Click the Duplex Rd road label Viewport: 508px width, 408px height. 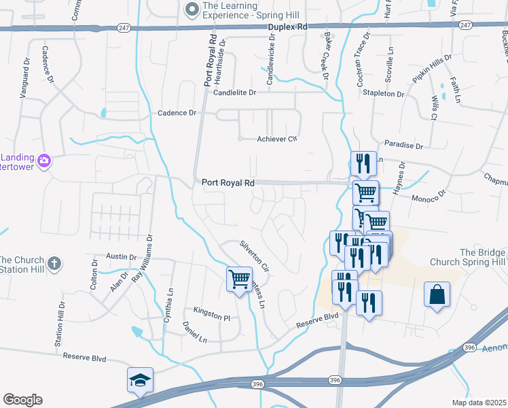pos(287,26)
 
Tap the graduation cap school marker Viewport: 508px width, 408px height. pos(139,380)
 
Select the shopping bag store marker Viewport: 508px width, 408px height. pos(437,294)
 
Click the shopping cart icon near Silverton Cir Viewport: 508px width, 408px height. pos(239,278)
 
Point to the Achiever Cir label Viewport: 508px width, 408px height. pos(277,139)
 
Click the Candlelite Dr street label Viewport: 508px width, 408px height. pos(235,92)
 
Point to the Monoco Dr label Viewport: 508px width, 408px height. pos(427,194)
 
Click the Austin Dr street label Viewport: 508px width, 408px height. pos(121,256)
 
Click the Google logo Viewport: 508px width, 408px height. pos(22,400)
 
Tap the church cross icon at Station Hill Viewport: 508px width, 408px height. pos(54,262)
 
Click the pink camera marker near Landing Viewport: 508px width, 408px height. pos(44,160)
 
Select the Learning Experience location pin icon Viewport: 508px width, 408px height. pos(192,9)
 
